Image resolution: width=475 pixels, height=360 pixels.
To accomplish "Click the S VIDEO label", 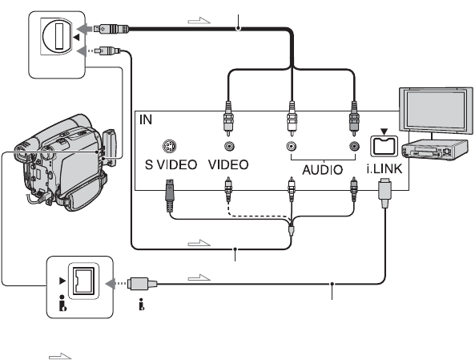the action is (x=171, y=164).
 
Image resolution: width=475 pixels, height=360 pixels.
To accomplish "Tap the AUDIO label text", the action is (x=322, y=169).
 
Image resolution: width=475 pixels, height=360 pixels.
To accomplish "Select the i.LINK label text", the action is (x=384, y=168).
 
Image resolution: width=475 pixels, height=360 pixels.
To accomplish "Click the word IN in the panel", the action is (x=146, y=119).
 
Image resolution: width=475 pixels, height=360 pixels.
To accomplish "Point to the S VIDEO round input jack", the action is (x=169, y=147).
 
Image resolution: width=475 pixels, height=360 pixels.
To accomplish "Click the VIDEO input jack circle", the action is (x=229, y=147).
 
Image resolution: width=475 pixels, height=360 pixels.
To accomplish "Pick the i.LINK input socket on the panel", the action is (x=384, y=146).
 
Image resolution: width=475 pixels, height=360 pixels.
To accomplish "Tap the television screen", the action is (x=435, y=110).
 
